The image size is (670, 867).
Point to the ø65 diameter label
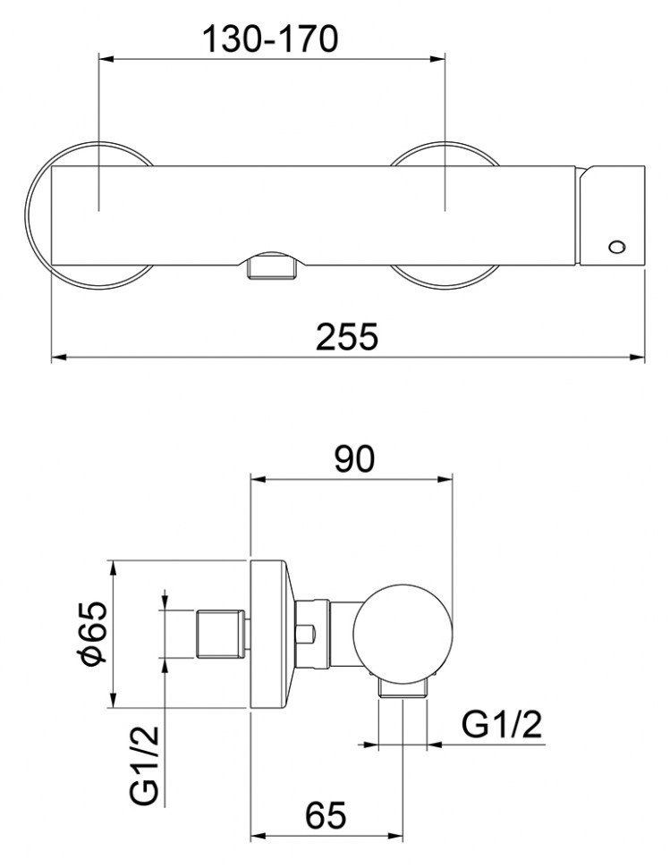point(92,632)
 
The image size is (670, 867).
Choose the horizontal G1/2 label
point(503,727)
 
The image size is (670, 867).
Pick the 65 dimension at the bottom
point(326,817)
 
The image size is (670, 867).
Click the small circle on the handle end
point(615,246)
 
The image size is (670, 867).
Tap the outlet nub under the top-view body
point(270,266)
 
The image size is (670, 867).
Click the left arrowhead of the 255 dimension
point(56,357)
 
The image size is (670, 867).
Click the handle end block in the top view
point(612,215)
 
